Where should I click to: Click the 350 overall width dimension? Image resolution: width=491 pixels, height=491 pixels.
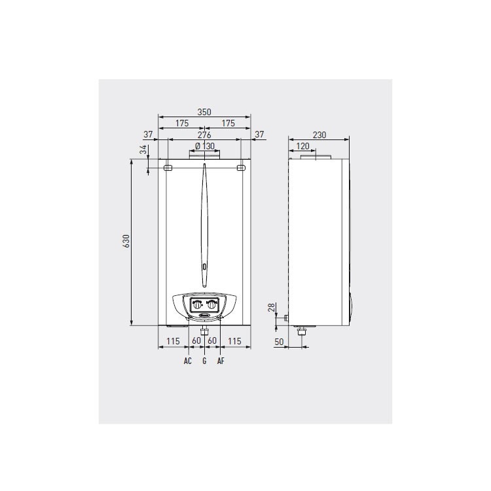[204, 113]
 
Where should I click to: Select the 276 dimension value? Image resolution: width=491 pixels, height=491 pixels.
[204, 135]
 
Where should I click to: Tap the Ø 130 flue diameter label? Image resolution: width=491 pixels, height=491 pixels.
[206, 146]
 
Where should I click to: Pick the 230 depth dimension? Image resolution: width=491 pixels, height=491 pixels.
[319, 135]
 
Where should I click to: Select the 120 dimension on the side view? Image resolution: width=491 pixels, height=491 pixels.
[302, 146]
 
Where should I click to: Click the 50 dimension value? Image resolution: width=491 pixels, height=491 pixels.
[280, 342]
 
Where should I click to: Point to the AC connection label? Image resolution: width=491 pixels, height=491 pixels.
[188, 361]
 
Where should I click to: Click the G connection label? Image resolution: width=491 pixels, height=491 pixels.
[204, 361]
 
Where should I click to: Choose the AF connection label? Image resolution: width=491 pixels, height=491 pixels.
[221, 361]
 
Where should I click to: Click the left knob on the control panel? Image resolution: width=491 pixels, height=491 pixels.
[197, 304]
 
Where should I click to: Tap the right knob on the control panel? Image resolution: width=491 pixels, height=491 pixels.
[212, 304]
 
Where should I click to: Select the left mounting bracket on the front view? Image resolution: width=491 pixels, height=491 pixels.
[168, 168]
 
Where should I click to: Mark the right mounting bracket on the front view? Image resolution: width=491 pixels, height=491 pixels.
[241, 168]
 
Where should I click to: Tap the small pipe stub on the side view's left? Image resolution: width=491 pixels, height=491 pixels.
[286, 318]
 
